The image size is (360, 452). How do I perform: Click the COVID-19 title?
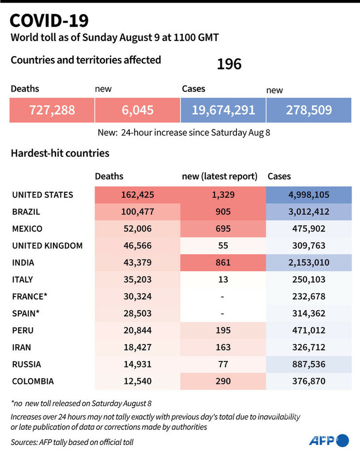[49, 20]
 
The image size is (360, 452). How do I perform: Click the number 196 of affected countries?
[229, 65]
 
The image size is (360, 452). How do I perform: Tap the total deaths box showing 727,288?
[52, 109]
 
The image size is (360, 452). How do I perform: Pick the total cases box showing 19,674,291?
[223, 109]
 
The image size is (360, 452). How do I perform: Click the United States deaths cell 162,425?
[137, 195]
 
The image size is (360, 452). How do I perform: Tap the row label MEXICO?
[28, 229]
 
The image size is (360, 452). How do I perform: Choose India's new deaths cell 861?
[223, 262]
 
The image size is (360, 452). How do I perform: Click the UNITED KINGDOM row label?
[47, 246]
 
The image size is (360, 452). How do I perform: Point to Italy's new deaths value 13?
[223, 279]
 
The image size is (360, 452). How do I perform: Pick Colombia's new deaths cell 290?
[223, 381]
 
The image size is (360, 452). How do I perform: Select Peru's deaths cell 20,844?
[137, 331]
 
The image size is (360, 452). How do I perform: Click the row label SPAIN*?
[26, 313]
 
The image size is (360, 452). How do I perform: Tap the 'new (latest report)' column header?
[220, 177]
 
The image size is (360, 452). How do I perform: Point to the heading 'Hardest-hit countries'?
[60, 153]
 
